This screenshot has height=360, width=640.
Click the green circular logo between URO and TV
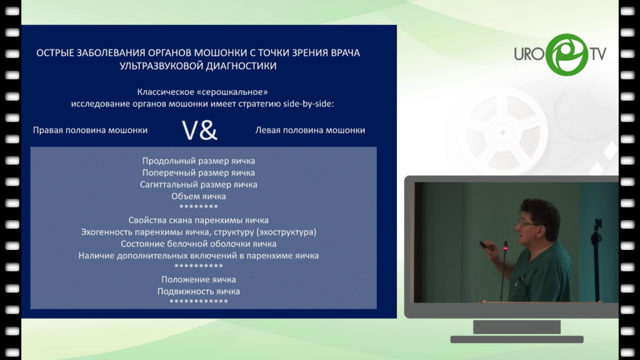pyautogui.click(x=567, y=55)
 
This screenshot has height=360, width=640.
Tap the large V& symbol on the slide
pyautogui.click(x=199, y=131)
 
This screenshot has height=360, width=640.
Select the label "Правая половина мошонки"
pyautogui.click(x=90, y=130)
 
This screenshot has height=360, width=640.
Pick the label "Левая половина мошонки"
pyautogui.click(x=310, y=130)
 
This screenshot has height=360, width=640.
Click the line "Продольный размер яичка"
pyautogui.click(x=198, y=161)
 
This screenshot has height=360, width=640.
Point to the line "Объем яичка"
pyautogui.click(x=198, y=196)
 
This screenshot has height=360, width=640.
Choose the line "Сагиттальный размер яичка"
pyautogui.click(x=198, y=184)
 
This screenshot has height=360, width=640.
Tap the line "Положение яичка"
pyautogui.click(x=198, y=279)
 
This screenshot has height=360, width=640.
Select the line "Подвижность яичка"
pyautogui.click(x=198, y=291)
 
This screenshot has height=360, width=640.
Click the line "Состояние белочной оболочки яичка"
pyautogui.click(x=198, y=244)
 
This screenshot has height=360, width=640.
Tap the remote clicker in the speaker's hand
pyautogui.click(x=483, y=244)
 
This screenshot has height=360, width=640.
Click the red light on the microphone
pyautogui.click(x=505, y=247)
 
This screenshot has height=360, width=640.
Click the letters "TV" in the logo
pyautogui.click(x=597, y=54)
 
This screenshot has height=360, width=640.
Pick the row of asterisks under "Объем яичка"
pyautogui.click(x=198, y=207)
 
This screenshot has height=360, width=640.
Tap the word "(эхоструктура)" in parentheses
pyautogui.click(x=286, y=232)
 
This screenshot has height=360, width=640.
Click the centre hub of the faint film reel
pyautogui.click(x=503, y=132)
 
